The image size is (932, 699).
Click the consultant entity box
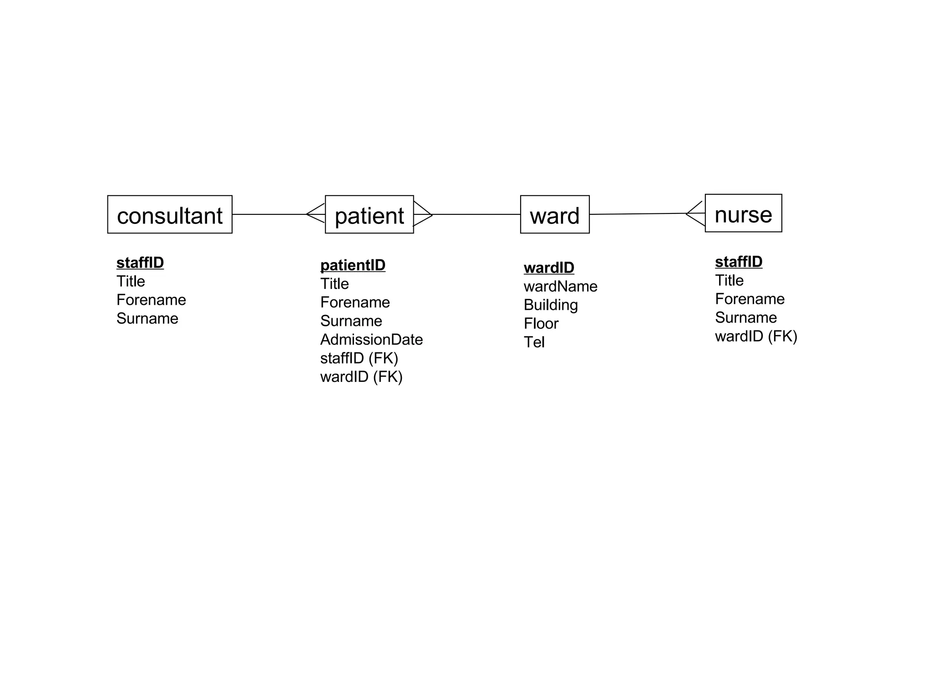[x=170, y=215]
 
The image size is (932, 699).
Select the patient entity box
[x=369, y=215]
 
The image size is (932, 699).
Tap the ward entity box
[x=554, y=215]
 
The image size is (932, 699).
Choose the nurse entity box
[x=743, y=213]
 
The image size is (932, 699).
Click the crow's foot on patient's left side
[x=316, y=213]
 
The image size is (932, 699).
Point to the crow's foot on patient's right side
[x=423, y=214]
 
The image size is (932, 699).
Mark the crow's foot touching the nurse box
[x=695, y=213]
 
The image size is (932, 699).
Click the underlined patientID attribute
[x=353, y=265]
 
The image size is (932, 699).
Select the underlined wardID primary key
[x=549, y=268]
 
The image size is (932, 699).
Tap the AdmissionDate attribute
[x=371, y=340]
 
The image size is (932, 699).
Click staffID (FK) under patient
[x=359, y=359]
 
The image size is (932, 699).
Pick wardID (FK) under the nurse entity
[x=756, y=337]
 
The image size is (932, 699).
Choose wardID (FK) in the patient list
[x=361, y=377]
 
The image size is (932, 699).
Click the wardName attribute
[x=560, y=287]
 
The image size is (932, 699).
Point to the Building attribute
[x=551, y=305]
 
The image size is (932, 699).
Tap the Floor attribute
[x=541, y=324]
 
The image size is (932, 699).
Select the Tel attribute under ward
[x=534, y=343]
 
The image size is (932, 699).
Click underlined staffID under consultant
[x=140, y=263]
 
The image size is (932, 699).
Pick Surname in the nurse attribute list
[x=745, y=318]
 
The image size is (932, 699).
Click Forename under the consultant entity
[x=151, y=300]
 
